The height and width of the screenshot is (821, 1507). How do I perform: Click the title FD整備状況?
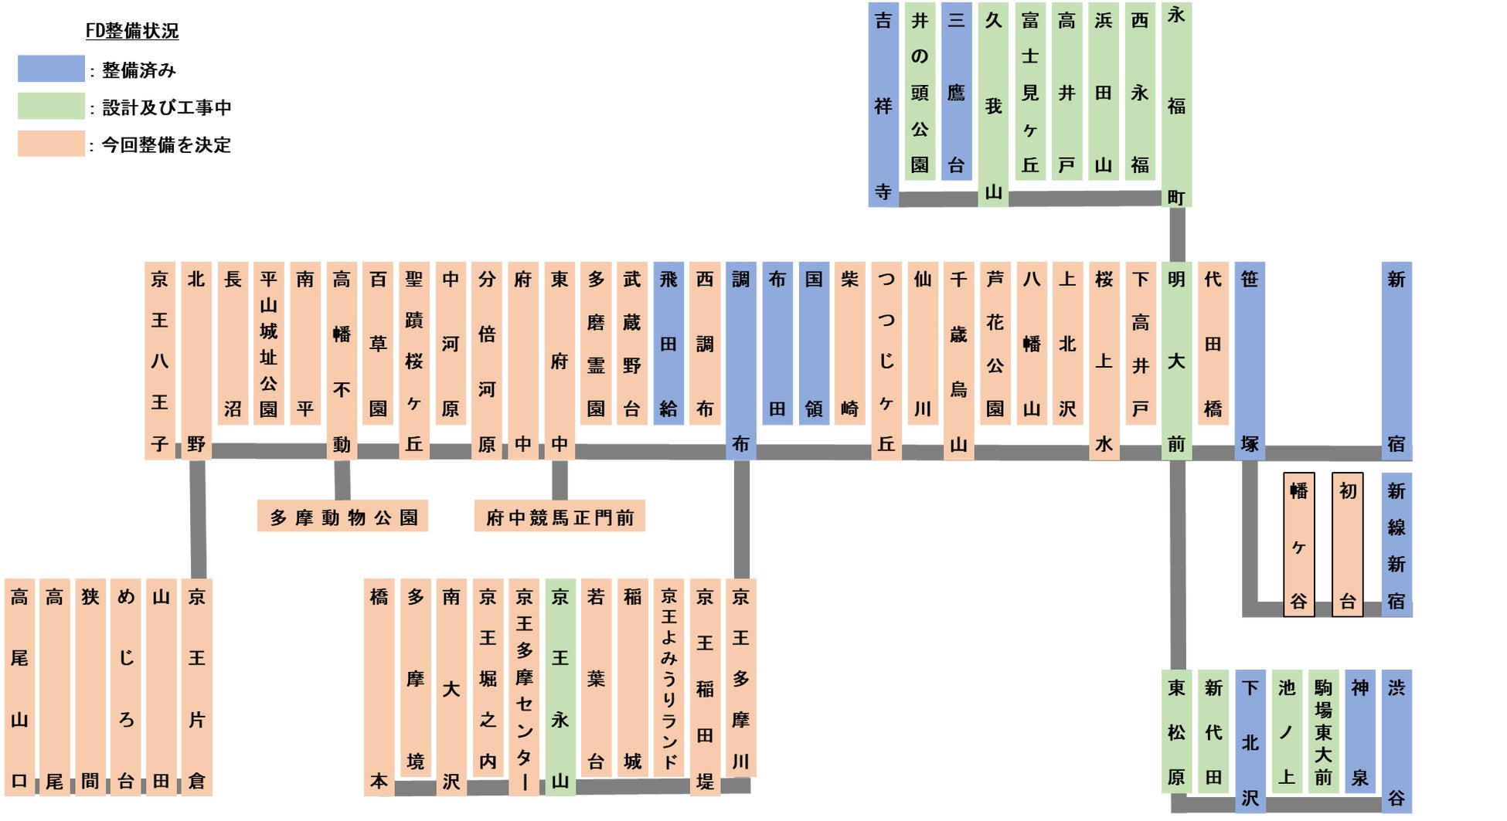pos(132,31)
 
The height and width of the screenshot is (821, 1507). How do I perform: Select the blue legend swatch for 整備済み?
pos(51,69)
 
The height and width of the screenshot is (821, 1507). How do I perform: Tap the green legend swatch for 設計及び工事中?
pos(51,106)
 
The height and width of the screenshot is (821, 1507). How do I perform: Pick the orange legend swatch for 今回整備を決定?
pos(51,144)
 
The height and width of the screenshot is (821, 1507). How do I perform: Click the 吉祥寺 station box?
pos(883,105)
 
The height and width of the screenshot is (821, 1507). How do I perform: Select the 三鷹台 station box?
pos(956,91)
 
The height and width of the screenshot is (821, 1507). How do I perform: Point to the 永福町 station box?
pos(1176,105)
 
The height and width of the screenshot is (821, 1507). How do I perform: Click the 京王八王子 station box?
pos(159,361)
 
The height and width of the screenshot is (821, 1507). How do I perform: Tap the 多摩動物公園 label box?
pos(342,517)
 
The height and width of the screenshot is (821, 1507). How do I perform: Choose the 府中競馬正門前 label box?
pos(560,517)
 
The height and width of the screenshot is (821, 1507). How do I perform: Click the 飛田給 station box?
pos(668,343)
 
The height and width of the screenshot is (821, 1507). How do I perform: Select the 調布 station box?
pos(740,361)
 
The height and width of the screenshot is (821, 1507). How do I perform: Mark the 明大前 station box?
pos(1176,361)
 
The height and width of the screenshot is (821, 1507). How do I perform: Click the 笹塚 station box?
pos(1250,361)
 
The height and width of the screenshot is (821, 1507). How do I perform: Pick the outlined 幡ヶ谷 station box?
pos(1298,545)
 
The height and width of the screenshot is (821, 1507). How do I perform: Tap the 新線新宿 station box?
pos(1396,545)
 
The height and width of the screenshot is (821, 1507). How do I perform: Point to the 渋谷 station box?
pos(1396,741)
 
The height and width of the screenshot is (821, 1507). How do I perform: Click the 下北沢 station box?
pos(1250,741)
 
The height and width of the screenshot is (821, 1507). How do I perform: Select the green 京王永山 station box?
pos(560,687)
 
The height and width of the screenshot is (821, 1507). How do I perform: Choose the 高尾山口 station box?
pos(19,687)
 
